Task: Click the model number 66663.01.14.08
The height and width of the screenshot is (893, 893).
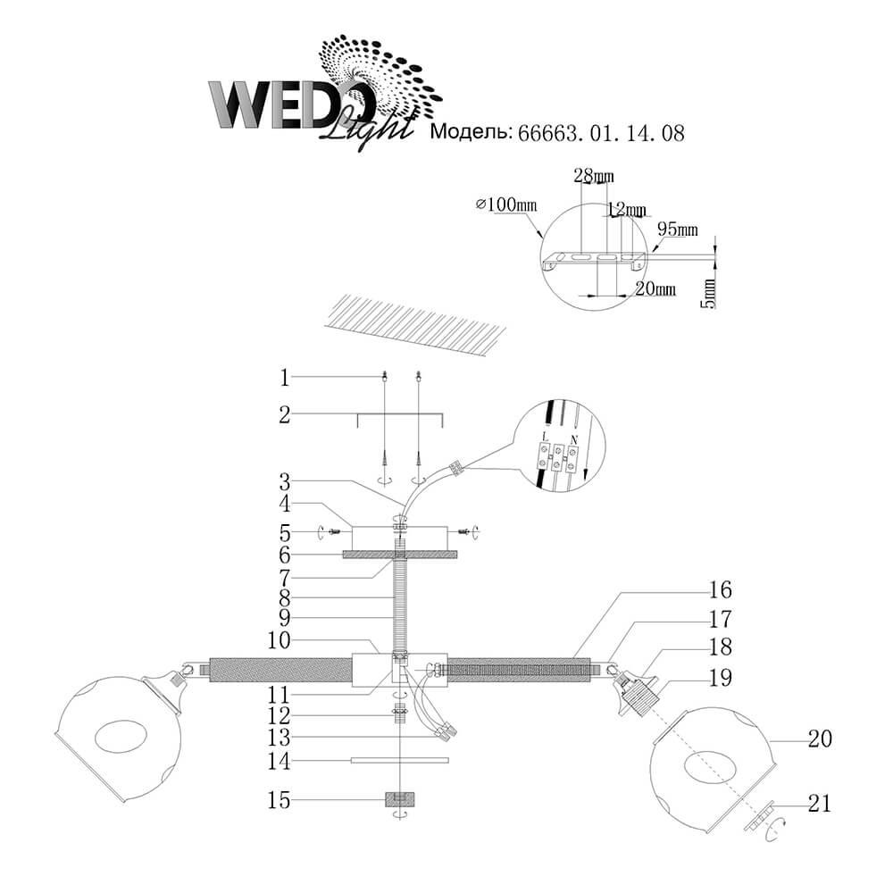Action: click(601, 133)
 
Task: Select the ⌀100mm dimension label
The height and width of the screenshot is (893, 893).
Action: click(506, 204)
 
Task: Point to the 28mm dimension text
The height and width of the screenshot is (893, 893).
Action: click(594, 176)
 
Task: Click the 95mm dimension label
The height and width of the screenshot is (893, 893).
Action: click(678, 230)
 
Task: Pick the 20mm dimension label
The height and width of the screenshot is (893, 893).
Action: click(655, 288)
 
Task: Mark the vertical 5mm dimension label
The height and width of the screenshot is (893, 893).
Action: click(708, 293)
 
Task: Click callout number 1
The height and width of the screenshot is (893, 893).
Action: click(285, 378)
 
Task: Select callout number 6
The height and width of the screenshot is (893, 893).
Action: click(285, 555)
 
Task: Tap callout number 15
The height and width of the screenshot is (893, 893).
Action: click(279, 800)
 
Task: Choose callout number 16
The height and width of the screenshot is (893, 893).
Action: click(720, 590)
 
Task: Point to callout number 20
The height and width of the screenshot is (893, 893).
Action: click(820, 739)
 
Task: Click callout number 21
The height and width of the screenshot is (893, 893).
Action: click(820, 803)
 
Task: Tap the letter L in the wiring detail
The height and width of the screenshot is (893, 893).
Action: click(547, 438)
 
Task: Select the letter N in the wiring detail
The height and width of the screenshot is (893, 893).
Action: click(573, 439)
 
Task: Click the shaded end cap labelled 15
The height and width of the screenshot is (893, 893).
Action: click(400, 799)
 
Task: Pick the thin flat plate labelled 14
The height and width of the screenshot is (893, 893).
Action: click(400, 760)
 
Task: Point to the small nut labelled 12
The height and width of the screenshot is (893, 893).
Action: click(400, 713)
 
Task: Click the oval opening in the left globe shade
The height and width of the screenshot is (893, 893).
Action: click(121, 739)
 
